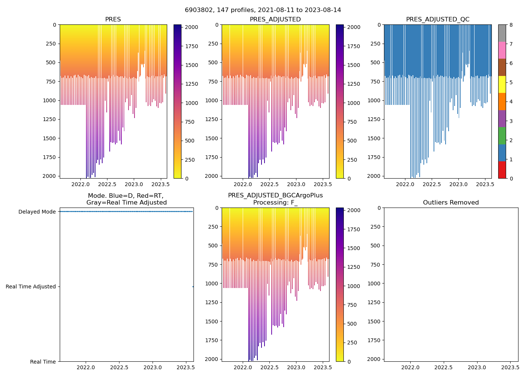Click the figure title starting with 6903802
pyautogui.click(x=263, y=10)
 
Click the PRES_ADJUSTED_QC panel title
pyautogui.click(x=438, y=20)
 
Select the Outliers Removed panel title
pyautogui.click(x=451, y=203)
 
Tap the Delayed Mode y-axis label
pyautogui.click(x=37, y=212)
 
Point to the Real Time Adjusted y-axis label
pyautogui.click(x=31, y=287)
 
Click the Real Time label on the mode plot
pyautogui.click(x=43, y=362)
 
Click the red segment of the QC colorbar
pyautogui.click(x=502, y=170)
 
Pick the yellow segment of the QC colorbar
pyautogui.click(x=502, y=85)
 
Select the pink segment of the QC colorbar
pyautogui.click(x=502, y=50)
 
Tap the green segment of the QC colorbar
pyautogui.click(x=502, y=136)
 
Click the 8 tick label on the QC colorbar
pyautogui.click(x=511, y=25)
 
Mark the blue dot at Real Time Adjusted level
pyautogui.click(x=193, y=287)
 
